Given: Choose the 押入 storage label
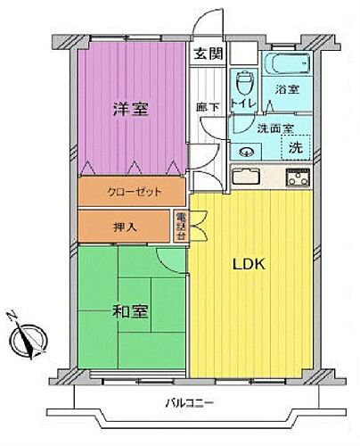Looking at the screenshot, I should click(127, 227).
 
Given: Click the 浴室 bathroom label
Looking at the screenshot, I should click(286, 90).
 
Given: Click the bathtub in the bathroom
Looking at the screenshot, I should click(284, 64).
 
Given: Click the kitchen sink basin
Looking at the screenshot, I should click(247, 176).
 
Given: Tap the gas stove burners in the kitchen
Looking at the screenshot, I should click(294, 177).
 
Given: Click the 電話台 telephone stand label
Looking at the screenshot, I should click(180, 226).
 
